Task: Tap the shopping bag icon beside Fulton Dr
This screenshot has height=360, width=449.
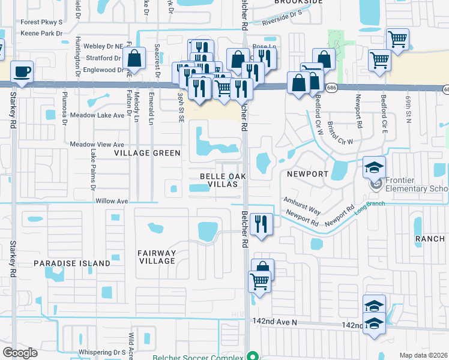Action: [134, 59]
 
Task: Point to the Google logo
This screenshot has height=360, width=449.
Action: [20, 352]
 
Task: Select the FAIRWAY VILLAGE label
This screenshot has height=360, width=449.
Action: [156, 257]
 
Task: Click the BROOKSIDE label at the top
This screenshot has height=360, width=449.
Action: [298, 2]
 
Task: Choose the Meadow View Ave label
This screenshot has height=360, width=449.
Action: [97, 145]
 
